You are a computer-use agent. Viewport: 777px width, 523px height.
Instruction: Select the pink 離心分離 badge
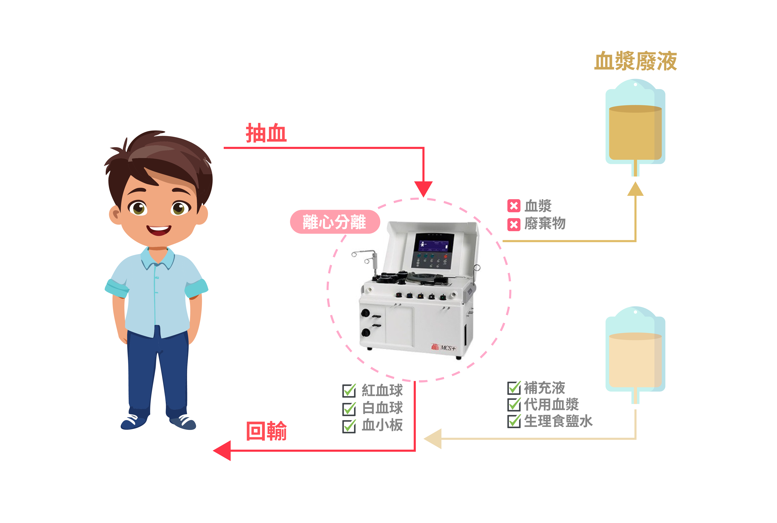point(335,222)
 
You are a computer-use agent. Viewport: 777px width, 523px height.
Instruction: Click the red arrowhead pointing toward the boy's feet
point(222,451)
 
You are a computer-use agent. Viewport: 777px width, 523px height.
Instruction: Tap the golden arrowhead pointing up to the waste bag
point(635,189)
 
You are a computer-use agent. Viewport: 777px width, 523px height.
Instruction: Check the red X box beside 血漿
point(514,206)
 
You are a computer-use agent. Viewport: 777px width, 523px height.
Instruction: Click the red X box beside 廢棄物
point(514,224)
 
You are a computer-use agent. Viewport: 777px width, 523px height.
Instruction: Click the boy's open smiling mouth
point(159,230)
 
